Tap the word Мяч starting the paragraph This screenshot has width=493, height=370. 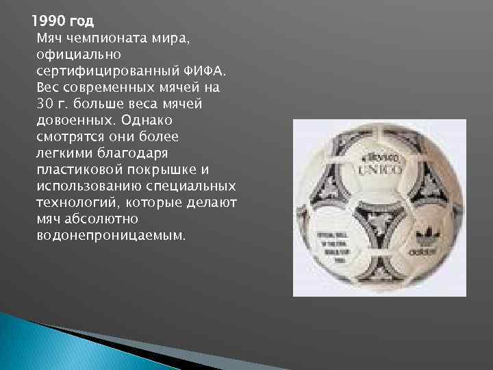(49, 38)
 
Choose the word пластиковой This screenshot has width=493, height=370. (77, 169)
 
